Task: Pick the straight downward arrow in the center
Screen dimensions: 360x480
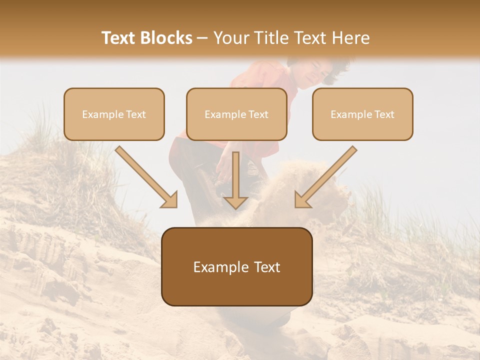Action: (235, 180)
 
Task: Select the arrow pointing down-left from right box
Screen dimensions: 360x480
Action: (325, 177)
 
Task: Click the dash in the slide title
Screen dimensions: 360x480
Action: (202, 38)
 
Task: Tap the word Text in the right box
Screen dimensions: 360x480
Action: (384, 114)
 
